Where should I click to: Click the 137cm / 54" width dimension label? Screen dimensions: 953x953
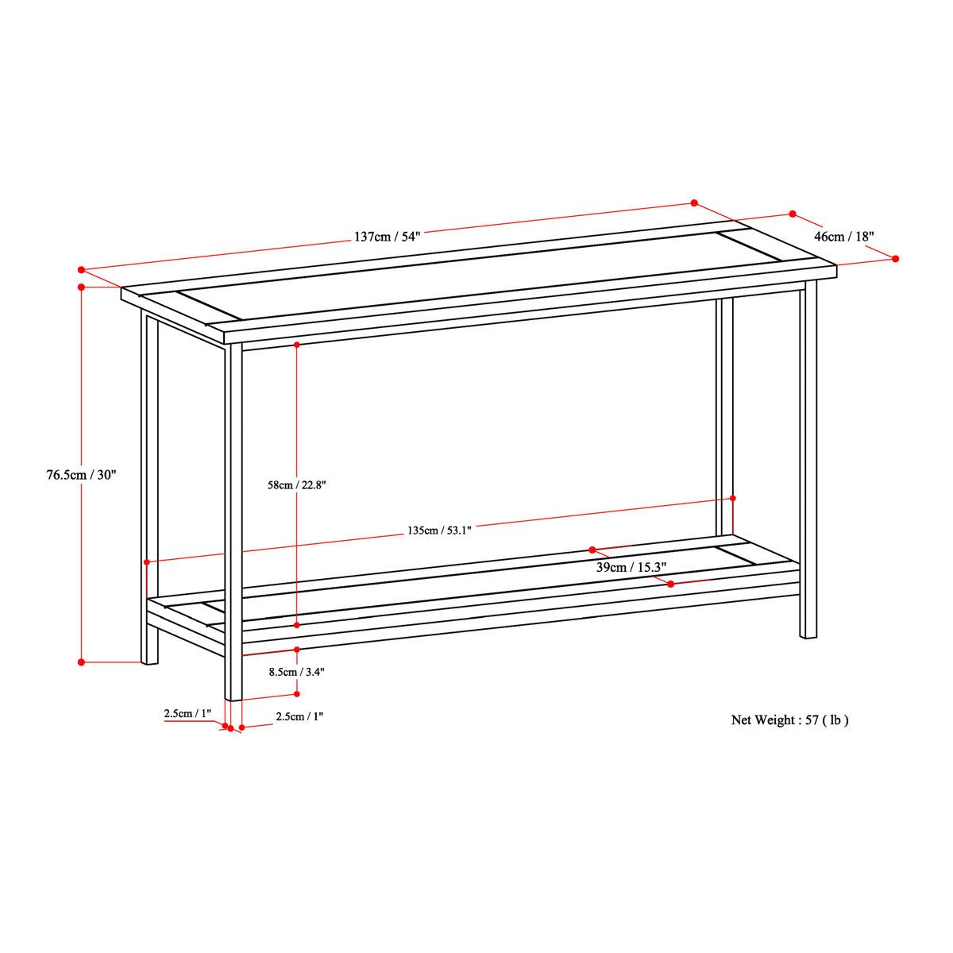coord(387,236)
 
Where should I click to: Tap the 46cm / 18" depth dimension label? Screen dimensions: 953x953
coord(844,237)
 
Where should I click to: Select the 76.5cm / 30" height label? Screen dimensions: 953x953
coord(81,475)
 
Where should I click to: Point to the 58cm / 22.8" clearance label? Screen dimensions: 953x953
coord(297,485)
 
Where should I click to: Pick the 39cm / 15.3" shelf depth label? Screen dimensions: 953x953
coord(631,567)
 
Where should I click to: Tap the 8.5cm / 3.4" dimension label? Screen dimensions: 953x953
coord(297,672)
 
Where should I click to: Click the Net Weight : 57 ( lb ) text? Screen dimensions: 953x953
coord(789,720)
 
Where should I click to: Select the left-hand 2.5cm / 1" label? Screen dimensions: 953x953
coord(188,714)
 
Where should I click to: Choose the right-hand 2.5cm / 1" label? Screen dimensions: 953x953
coord(299,716)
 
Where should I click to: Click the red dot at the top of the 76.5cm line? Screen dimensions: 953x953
coord(82,287)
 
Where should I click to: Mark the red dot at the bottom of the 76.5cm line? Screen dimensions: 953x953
coord(82,662)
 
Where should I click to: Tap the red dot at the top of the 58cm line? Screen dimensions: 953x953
coord(297,344)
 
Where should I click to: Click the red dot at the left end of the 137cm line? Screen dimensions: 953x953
coord(82,270)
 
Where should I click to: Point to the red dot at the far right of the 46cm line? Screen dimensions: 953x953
coord(895,259)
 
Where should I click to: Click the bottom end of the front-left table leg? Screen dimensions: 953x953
coord(233,700)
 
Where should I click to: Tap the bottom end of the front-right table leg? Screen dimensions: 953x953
coord(808,636)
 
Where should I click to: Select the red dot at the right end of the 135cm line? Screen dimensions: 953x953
coord(732,498)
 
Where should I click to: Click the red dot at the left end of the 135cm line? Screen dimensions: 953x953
coord(147,561)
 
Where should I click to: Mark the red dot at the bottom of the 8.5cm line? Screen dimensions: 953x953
coord(297,694)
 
